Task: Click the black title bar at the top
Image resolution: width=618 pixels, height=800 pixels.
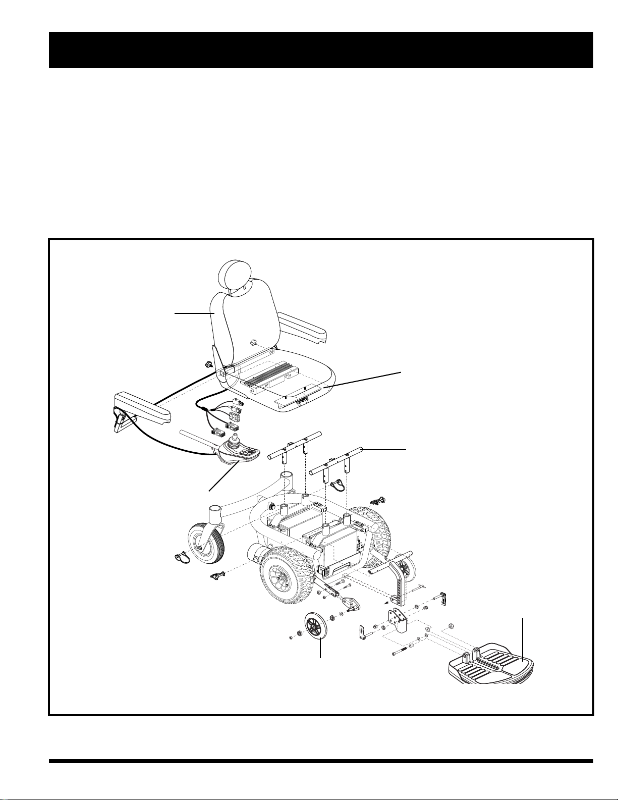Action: (321, 50)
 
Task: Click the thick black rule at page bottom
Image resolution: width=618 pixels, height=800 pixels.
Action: (321, 762)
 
